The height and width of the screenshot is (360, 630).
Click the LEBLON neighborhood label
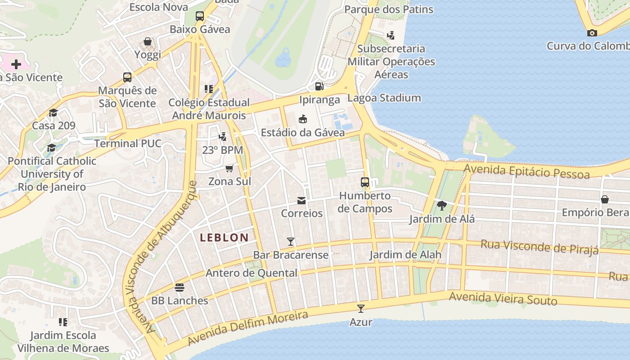(224, 238)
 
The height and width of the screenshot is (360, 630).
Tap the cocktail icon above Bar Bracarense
(291, 242)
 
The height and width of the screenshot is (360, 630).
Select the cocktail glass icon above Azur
(360, 309)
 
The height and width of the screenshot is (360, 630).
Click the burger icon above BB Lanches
(180, 287)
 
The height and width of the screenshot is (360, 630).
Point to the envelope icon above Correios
(301, 200)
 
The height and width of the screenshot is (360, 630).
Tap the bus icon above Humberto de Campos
(365, 182)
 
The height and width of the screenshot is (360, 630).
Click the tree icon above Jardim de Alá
(441, 206)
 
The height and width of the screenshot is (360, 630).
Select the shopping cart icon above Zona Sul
(229, 168)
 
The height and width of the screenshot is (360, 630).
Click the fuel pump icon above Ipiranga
(319, 86)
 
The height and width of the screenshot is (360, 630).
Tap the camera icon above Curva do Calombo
(592, 33)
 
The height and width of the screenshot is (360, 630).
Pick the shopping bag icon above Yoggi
(148, 42)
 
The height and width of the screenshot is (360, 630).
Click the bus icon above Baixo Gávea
(200, 16)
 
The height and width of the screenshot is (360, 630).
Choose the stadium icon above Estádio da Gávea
(303, 119)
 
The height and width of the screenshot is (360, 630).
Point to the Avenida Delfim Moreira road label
(247, 328)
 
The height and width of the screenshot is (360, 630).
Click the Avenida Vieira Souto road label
(503, 298)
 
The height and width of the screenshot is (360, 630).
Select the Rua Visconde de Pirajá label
(540, 247)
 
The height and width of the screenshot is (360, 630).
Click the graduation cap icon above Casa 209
(54, 112)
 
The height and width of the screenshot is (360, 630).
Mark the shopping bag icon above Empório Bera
(605, 199)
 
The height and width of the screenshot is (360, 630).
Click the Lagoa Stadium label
(384, 98)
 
